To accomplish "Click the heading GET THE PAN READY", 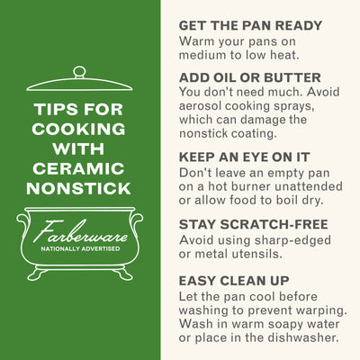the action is click(250, 25).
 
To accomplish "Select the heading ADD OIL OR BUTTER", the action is click(250, 77).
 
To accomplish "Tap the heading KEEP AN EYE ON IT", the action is click(244, 157).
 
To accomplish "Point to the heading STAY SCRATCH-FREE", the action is click(254, 225).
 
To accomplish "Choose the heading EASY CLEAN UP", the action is click(234, 281).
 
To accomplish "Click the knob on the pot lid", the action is click(79, 72).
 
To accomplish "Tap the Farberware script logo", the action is click(80, 231).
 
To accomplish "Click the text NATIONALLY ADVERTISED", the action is click(80, 248).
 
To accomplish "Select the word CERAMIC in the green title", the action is click(78, 169).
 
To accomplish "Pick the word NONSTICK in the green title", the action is click(78, 189).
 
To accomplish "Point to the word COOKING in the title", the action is click(78, 129).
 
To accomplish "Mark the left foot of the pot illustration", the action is click(37, 274).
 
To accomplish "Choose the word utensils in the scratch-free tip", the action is click(257, 254).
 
